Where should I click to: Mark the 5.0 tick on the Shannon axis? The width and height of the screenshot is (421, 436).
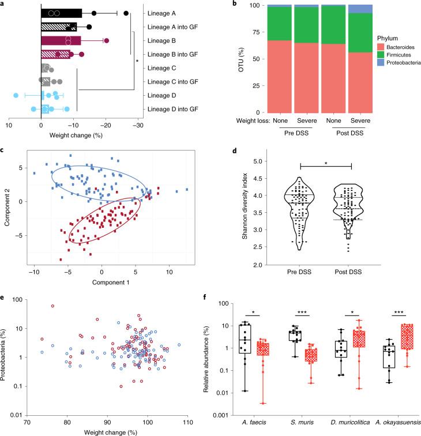[243, 161]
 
